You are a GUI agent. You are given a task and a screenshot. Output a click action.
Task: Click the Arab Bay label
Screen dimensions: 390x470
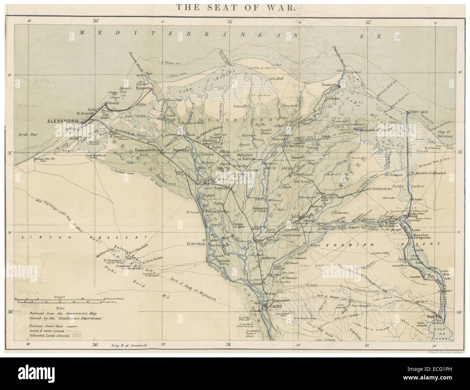point(29,135)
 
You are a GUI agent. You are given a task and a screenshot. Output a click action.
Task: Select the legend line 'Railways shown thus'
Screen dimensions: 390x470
point(51,326)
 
